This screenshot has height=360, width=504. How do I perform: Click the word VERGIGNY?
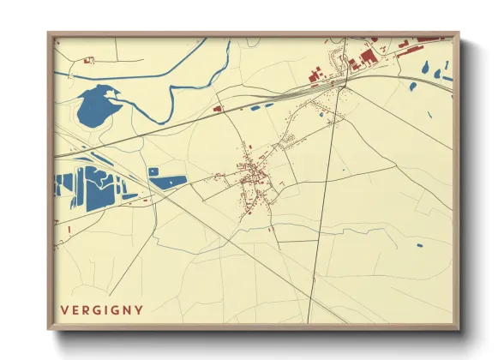tap(101, 309)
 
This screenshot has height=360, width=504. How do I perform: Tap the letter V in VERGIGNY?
tap(63, 309)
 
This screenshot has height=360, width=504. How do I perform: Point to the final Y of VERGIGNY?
tap(139, 309)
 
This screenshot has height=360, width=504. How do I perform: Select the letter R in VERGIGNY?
tap(86, 309)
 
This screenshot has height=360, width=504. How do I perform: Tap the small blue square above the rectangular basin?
tap(153, 171)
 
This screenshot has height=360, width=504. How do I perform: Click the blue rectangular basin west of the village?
tap(169, 181)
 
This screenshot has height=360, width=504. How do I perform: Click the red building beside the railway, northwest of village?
tap(218, 109)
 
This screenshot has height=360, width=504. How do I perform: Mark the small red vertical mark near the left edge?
tap(67, 229)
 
